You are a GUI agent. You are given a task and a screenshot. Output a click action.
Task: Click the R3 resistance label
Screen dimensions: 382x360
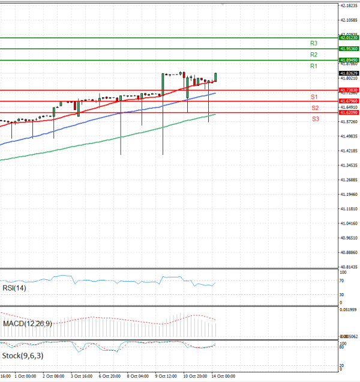pyautogui.click(x=314, y=43)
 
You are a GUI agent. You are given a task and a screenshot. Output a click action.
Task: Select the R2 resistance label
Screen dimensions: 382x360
pyautogui.click(x=314, y=55)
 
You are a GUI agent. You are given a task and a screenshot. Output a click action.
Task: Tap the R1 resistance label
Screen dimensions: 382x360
pyautogui.click(x=314, y=65)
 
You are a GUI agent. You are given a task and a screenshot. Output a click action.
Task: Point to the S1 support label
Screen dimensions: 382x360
pyautogui.click(x=314, y=97)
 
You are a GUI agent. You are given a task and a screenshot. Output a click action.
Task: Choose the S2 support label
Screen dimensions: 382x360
pyautogui.click(x=314, y=108)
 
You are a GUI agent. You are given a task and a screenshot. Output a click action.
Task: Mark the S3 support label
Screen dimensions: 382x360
pyautogui.click(x=315, y=119)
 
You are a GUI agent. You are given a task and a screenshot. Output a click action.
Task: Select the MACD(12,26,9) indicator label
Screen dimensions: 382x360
pyautogui.click(x=27, y=324)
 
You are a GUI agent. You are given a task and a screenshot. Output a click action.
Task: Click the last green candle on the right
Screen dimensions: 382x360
pyautogui.click(x=215, y=77)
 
